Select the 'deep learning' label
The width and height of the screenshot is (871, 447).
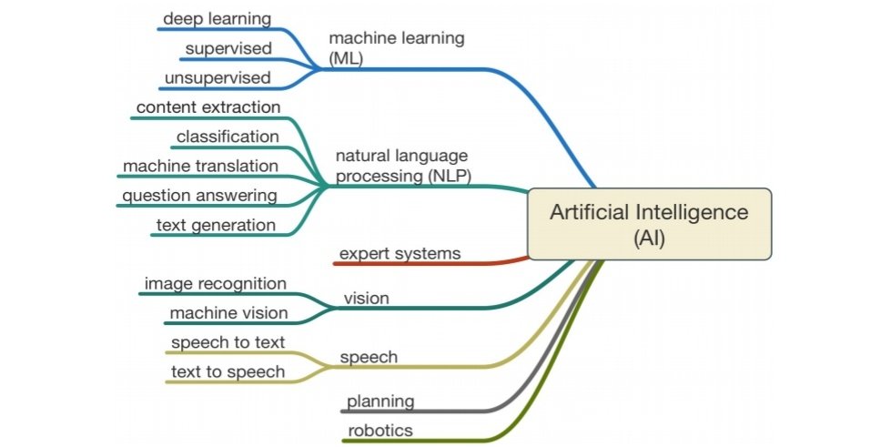pos(217,18)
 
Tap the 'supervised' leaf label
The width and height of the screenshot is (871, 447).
pos(228,47)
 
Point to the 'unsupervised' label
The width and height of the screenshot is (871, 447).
pos(218,76)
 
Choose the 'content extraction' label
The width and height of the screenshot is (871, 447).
pos(208,107)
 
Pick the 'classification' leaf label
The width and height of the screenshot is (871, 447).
pos(228,136)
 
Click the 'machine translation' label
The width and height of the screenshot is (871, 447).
pos(200,166)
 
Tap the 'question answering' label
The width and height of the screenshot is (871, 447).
pos(199,195)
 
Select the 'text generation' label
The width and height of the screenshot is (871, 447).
pos(215,224)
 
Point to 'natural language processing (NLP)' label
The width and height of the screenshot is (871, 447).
pos(403,166)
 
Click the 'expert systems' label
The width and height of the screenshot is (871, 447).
pos(399,252)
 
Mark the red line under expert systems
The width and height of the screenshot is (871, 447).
pos(428,263)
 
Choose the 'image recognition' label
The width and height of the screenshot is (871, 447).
pos(215,284)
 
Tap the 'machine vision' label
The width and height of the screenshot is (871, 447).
pos(228,313)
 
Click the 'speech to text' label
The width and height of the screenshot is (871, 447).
pos(228,342)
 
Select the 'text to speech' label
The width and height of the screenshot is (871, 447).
pos(228,371)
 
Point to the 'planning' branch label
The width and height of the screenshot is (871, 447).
pos(380,401)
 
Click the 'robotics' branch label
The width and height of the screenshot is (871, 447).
pos(380,430)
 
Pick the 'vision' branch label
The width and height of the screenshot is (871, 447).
pos(366,298)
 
